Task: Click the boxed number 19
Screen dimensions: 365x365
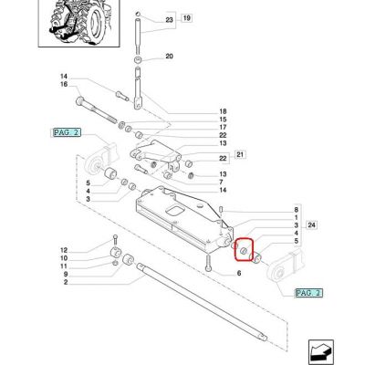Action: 187,18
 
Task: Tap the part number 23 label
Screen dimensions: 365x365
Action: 169,20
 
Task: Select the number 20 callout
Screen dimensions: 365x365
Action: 169,57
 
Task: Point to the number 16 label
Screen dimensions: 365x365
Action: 64,84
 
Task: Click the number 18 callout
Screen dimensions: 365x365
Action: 223,111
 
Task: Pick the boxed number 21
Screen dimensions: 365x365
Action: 240,155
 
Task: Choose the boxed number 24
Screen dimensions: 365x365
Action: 312,225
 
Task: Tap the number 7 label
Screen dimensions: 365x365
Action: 221,182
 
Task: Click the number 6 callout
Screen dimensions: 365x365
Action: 239,274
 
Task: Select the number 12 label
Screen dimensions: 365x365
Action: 64,250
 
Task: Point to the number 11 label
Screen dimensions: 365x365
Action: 64,266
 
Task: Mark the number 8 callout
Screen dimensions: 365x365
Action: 296,210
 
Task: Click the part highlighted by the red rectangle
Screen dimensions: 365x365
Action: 244,251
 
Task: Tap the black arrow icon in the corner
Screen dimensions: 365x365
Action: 320,352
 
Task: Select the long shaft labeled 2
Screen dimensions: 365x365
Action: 202,301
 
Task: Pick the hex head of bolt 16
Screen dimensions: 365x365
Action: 79,99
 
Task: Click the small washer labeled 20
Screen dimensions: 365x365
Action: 139,59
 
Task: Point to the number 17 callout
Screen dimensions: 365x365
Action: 223,127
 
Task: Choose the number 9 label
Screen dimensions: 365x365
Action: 66,274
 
